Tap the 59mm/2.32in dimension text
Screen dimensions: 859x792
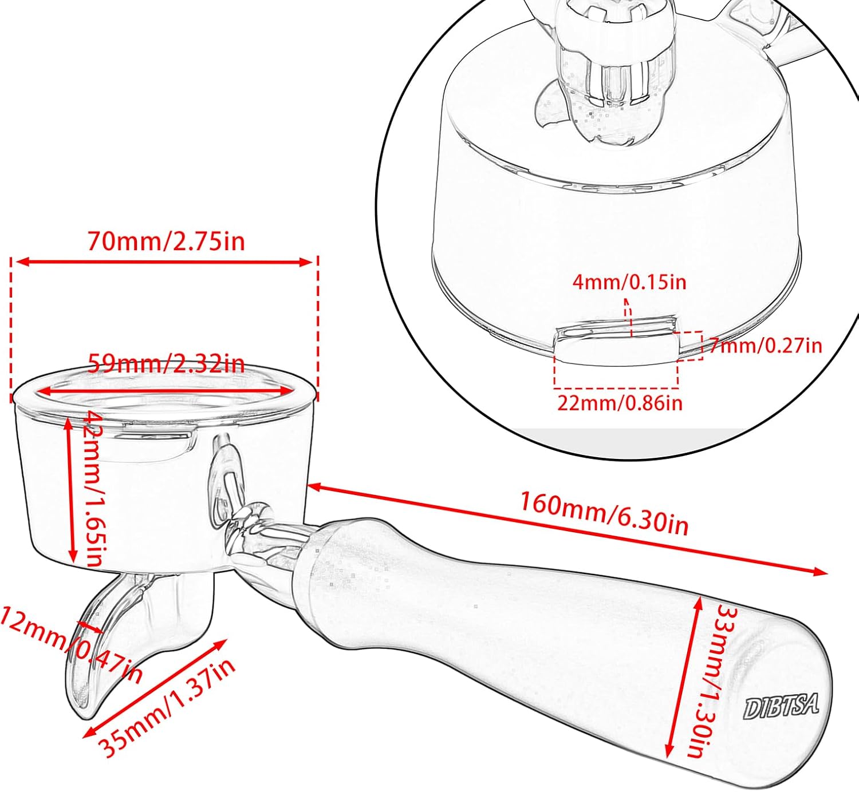pos(166,363)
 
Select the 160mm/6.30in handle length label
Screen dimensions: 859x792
pos(604,513)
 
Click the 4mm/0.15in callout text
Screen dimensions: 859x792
pos(629,282)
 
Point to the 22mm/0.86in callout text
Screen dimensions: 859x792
pos(620,403)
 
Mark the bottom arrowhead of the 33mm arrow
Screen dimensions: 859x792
pos(669,761)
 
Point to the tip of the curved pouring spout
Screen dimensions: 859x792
pos(86,718)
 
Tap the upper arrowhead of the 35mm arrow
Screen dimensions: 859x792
pos(220,644)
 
